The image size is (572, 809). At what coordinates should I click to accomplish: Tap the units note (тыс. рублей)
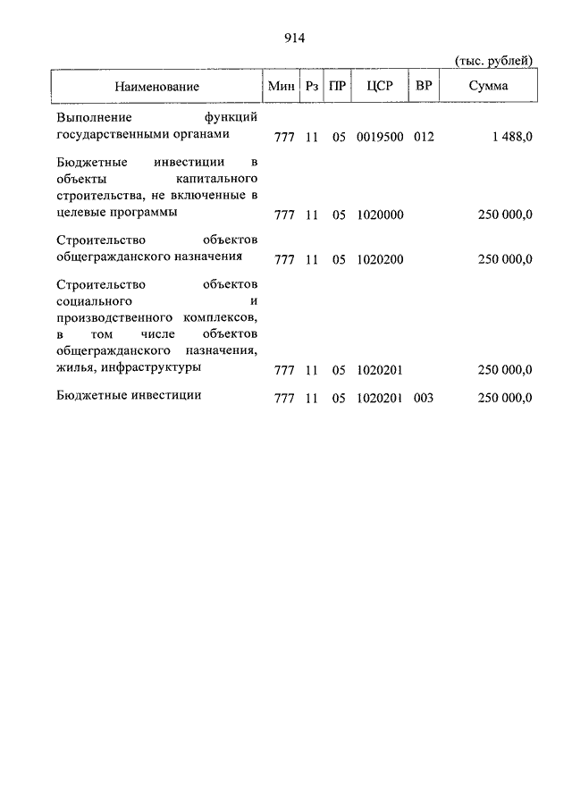point(494,60)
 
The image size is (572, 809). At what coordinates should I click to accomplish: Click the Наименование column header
point(156,87)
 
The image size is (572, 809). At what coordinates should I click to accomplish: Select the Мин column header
point(282,87)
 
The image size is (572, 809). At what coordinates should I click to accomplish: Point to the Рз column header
point(312,87)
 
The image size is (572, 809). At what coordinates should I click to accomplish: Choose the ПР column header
point(338,87)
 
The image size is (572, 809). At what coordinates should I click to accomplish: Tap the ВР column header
point(424,87)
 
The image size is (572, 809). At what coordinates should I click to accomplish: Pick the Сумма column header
point(488,87)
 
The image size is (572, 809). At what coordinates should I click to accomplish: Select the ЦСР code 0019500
point(380,137)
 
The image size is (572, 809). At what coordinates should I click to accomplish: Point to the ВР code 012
point(424,137)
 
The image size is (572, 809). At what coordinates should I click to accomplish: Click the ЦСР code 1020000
point(380,215)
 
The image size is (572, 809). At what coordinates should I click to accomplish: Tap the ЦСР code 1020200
point(380,260)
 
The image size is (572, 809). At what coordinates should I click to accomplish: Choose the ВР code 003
point(424,398)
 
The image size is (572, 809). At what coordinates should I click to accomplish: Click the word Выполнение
point(94,118)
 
